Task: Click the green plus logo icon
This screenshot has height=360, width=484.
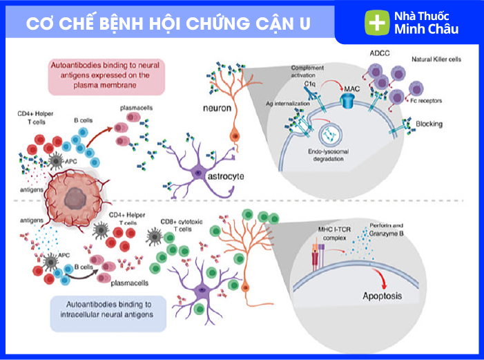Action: pyautogui.click(x=376, y=23)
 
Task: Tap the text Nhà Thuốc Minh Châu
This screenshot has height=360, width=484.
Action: pyautogui.click(x=425, y=23)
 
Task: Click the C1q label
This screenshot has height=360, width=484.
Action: pyautogui.click(x=310, y=84)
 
